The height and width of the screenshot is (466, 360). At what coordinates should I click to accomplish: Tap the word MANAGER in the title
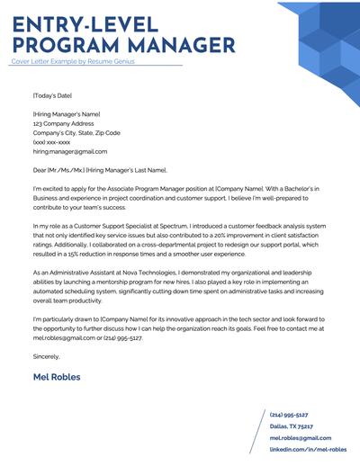[175, 43]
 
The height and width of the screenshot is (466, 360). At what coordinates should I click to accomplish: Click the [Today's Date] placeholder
[52, 94]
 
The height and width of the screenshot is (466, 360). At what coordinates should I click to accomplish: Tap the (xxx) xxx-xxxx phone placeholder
[51, 141]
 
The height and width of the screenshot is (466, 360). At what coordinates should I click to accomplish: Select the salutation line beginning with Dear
[99, 168]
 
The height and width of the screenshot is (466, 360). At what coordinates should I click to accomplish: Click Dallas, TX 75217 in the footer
[290, 426]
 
